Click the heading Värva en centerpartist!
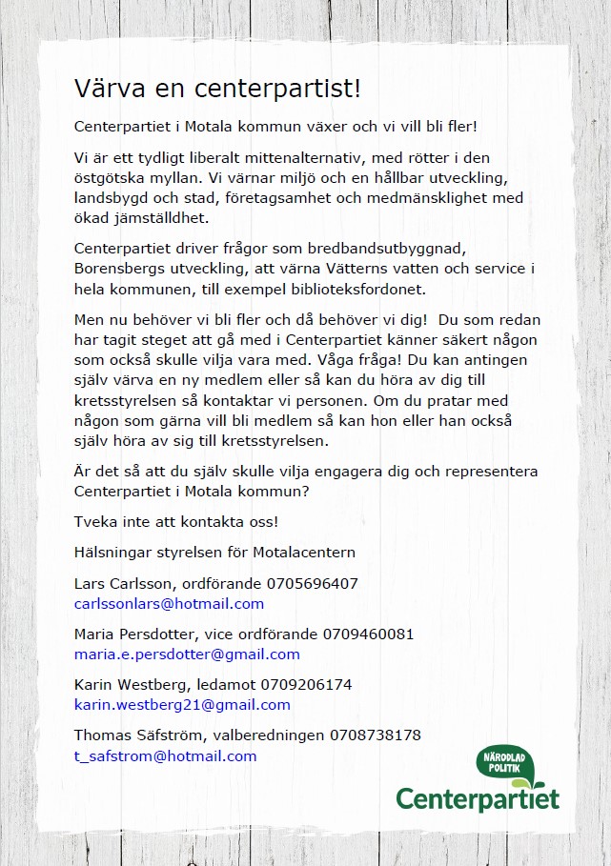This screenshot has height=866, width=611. click(217, 90)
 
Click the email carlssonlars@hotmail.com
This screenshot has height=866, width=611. click(169, 604)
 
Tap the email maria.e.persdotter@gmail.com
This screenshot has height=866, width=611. click(187, 655)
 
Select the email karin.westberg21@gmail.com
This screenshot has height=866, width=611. click(182, 705)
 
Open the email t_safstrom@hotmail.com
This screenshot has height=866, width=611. click(165, 756)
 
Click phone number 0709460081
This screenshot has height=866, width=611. click(368, 634)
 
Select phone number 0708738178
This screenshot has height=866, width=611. click(376, 735)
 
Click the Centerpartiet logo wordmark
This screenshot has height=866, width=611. click(477, 798)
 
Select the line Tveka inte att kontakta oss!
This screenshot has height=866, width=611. click(176, 522)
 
